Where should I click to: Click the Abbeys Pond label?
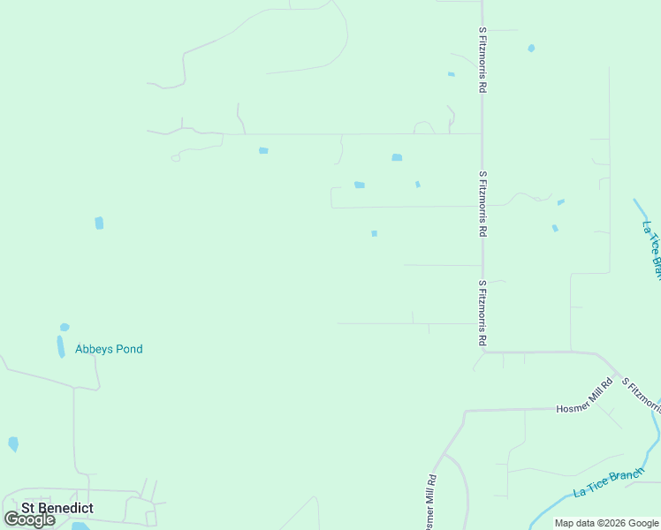(109, 349)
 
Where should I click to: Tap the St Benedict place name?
(58, 508)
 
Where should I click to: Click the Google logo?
(30, 519)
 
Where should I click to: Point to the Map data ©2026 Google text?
(606, 523)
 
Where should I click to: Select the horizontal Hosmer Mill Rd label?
(584, 397)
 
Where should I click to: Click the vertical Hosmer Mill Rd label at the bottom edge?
(429, 503)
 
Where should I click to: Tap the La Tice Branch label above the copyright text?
(609, 482)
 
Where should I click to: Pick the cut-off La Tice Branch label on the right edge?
(652, 250)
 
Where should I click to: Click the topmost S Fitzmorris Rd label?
(482, 60)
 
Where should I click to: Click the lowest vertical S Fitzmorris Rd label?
(482, 314)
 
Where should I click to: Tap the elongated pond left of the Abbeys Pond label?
(61, 346)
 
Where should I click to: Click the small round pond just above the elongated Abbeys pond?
(65, 328)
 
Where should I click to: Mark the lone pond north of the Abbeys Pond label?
(99, 223)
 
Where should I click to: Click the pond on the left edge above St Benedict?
(13, 443)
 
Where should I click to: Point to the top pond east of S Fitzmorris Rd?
(531, 49)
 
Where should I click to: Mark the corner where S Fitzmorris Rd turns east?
(484, 352)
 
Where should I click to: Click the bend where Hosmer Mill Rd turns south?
(465, 412)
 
